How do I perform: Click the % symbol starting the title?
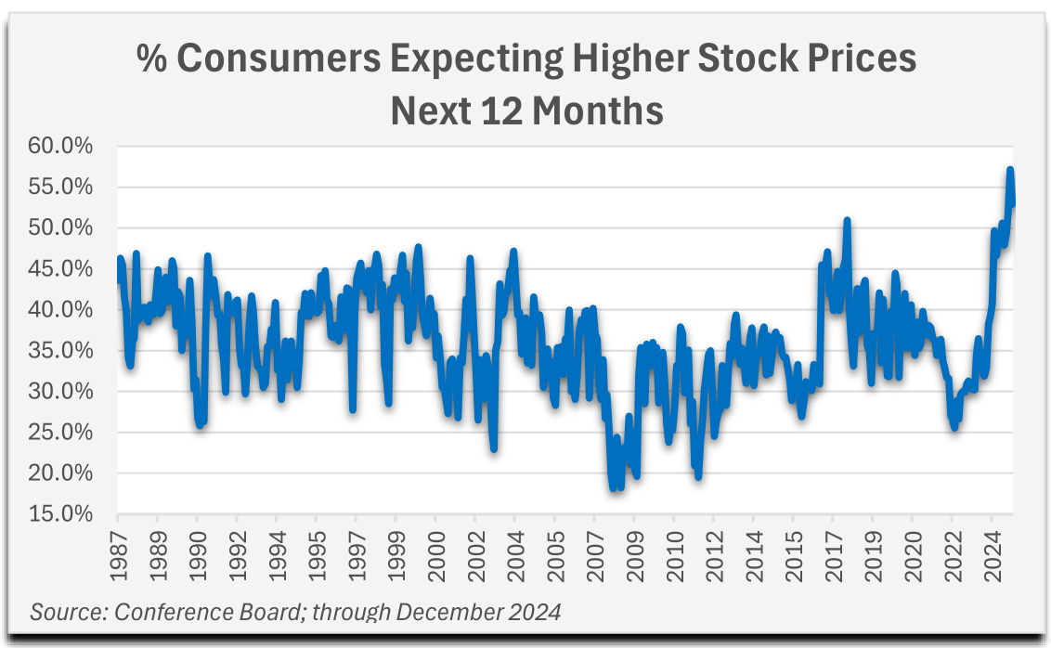click(150, 59)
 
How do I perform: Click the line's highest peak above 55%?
click(1009, 170)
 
